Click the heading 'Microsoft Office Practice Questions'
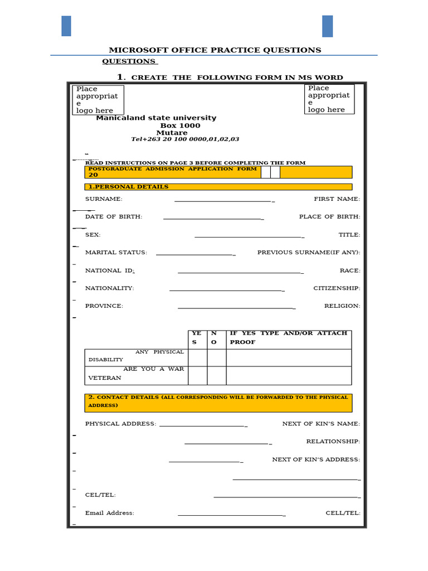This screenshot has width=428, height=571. coord(215,50)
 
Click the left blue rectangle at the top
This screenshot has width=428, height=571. coord(66,26)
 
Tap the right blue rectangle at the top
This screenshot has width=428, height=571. coord(327,26)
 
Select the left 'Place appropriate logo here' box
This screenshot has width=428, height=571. coord(98,100)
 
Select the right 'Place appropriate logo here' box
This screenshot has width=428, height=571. coord(329,99)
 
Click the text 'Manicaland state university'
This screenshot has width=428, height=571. coord(156,118)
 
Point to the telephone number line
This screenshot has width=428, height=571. coord(185,139)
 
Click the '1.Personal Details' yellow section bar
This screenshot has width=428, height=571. coord(218,187)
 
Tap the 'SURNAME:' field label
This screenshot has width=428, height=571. coord(104,199)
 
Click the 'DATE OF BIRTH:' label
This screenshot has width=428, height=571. coord(114,217)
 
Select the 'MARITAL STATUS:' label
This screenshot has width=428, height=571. coord(116,253)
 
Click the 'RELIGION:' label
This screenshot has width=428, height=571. coord(342,306)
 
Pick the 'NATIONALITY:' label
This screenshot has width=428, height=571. coord(110,288)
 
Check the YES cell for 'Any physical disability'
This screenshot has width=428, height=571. coord(197,357)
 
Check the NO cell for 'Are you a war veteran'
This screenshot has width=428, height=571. coord(216,375)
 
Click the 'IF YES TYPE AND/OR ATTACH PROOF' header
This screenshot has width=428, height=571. coord(288,338)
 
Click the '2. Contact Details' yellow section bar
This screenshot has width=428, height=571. coord(218,403)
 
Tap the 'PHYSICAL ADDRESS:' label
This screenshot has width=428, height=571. coord(120,424)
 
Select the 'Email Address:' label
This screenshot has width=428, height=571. coord(110,513)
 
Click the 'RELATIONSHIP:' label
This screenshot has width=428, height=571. coord(333,442)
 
